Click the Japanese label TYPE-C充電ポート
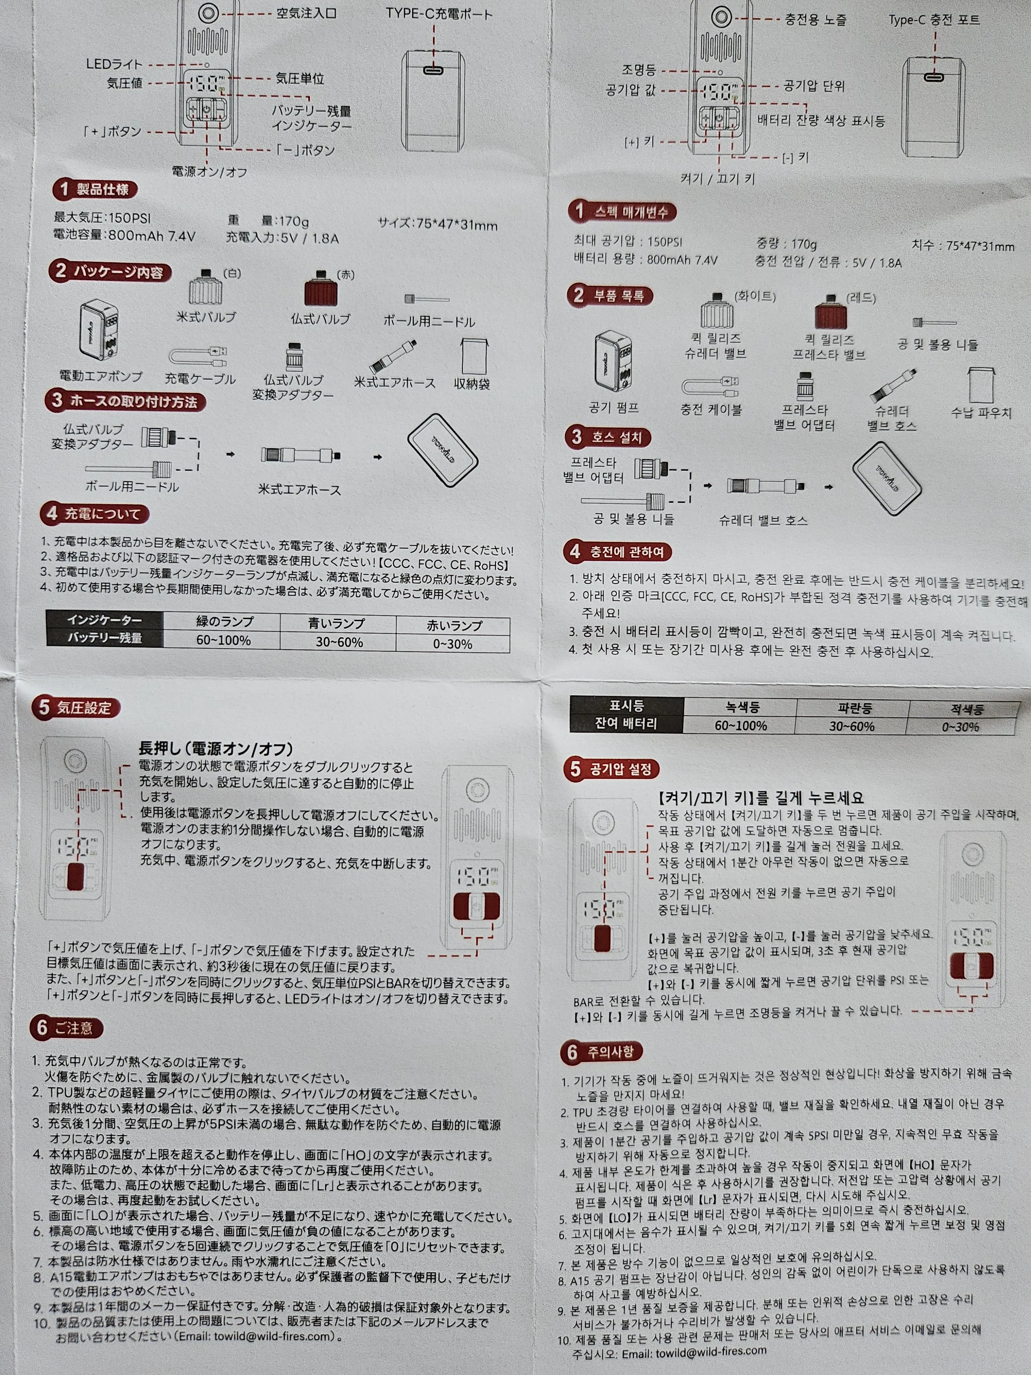point(439,14)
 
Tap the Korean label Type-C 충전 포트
point(934,20)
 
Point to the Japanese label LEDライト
point(114,64)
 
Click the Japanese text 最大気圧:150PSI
point(102,218)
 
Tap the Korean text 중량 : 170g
point(786,244)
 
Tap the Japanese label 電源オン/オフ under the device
point(209,172)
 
